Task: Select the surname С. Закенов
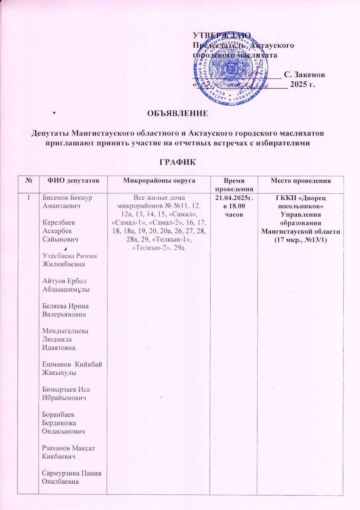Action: tap(305, 75)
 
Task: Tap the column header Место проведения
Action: tap(301, 181)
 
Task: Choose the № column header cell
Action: tap(29, 181)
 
